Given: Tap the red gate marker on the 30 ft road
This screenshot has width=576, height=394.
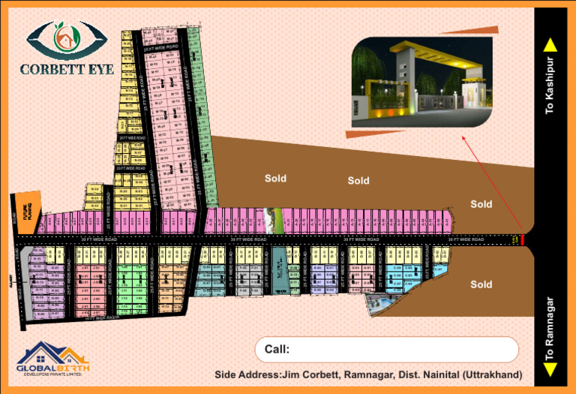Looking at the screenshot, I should click(x=522, y=240).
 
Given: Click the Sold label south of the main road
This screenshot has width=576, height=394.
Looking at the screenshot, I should click(x=481, y=284).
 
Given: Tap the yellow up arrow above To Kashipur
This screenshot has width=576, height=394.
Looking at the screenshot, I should click(x=550, y=44).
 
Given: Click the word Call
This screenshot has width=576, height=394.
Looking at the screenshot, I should click(x=277, y=349).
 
